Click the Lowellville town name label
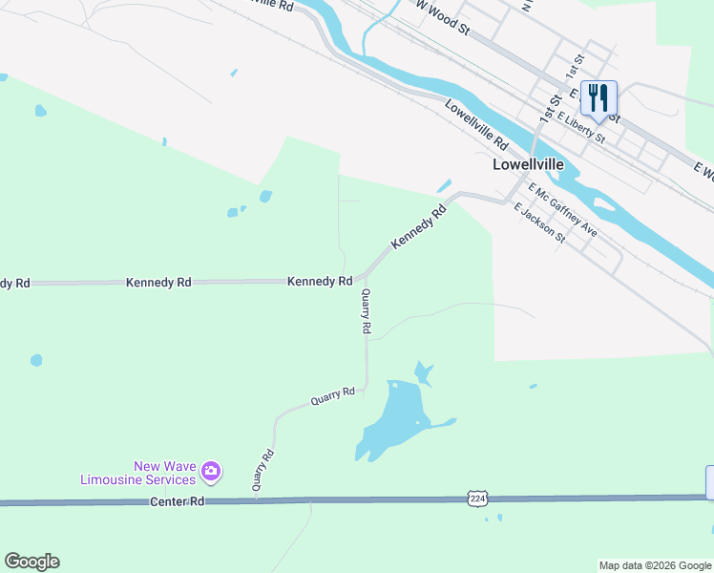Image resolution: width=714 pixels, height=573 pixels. [x=528, y=163]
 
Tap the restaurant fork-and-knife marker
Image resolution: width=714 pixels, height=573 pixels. [x=598, y=98]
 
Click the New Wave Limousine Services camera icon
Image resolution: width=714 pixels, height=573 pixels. [x=211, y=471]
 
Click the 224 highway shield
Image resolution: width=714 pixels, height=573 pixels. [x=477, y=498]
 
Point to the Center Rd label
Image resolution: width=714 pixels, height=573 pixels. [x=177, y=501]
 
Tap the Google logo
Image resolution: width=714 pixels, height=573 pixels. [x=31, y=562]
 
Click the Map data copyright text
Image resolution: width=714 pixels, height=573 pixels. [x=655, y=565]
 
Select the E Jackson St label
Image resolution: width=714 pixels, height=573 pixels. [x=539, y=223]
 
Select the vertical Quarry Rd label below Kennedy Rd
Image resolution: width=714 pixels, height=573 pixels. [x=366, y=312]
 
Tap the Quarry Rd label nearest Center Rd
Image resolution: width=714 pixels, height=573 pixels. [x=263, y=470]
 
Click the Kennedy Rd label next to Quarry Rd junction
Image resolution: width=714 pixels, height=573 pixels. [x=320, y=282]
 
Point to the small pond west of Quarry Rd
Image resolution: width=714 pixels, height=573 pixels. [x=36, y=360]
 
